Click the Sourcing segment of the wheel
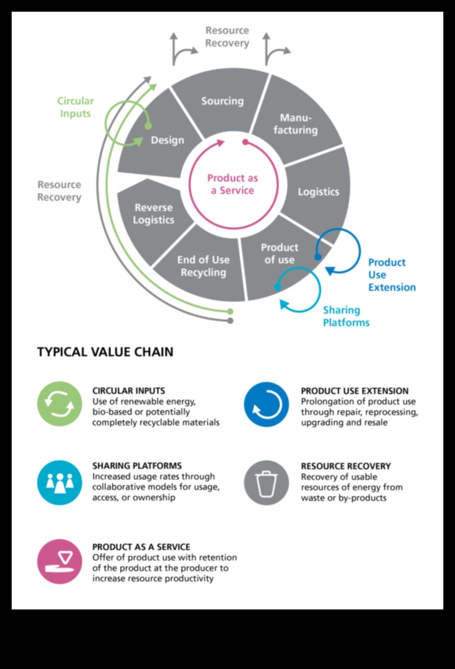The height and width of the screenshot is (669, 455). [x=222, y=101]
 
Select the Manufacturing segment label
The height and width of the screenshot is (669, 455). [x=296, y=124]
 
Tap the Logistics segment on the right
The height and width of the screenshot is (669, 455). [x=318, y=191]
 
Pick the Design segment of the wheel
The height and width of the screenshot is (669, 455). [x=167, y=140]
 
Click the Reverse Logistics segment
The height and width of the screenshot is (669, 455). [x=153, y=214]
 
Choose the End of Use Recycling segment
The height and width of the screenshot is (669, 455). [x=203, y=266]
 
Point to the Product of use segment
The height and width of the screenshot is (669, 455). [x=279, y=253]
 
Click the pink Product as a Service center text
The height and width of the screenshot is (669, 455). [x=232, y=184]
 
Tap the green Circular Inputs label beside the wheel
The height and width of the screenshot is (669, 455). [x=75, y=107]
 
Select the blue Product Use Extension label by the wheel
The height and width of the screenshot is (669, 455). [x=391, y=274]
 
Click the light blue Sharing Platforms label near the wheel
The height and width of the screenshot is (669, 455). [x=346, y=316]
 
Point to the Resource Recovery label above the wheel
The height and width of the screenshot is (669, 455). [x=227, y=37]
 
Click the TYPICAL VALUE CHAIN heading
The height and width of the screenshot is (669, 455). [x=105, y=352]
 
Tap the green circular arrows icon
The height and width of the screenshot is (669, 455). [x=60, y=404]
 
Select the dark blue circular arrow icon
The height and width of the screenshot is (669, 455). [x=267, y=404]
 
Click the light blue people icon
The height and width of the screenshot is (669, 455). [x=60, y=482]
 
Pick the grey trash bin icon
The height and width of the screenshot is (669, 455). [x=267, y=482]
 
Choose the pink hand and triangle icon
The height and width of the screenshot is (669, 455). [x=60, y=562]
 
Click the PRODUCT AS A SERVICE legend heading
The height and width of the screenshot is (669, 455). [x=141, y=547]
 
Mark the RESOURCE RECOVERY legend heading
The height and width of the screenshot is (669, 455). [x=346, y=466]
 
